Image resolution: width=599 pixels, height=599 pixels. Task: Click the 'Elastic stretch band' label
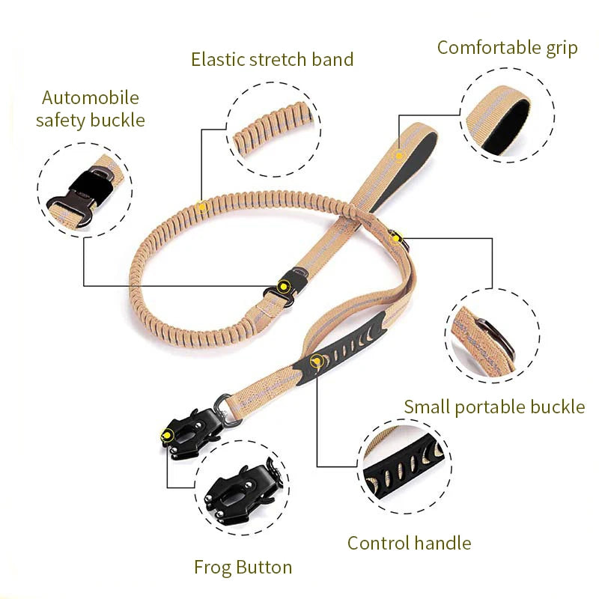coord(272,59)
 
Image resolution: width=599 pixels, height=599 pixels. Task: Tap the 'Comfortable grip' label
coord(507,48)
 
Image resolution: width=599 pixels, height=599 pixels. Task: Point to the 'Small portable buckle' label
coord(494,407)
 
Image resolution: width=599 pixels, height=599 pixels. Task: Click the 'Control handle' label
coord(409,543)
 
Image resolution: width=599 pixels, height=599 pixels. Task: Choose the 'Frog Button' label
coord(243,567)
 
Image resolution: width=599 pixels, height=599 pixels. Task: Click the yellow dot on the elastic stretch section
coord(201,204)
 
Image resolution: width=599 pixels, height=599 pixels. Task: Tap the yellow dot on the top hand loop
coord(400,156)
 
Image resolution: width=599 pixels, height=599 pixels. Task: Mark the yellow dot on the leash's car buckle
coord(284,285)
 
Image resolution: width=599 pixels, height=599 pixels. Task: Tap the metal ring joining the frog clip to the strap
coord(224,404)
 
